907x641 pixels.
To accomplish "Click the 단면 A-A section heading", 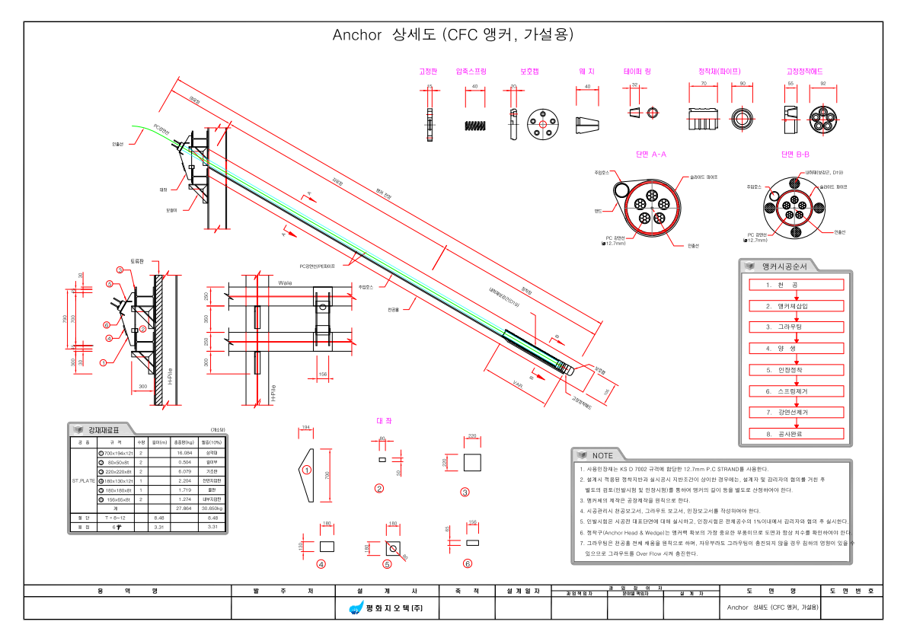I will [x=650, y=154].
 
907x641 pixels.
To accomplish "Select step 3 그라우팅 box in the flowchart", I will [x=794, y=327].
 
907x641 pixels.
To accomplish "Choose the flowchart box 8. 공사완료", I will [x=794, y=433].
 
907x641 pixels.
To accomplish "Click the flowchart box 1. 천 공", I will [x=794, y=285].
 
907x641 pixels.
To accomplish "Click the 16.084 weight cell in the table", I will [x=184, y=453].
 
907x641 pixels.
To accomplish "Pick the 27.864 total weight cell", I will [x=184, y=508].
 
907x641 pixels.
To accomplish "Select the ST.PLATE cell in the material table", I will [x=84, y=481].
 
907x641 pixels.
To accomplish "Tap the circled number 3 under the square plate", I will [x=465, y=491].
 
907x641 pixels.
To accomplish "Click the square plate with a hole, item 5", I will [x=393, y=547].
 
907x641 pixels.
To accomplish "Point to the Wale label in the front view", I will [x=285, y=282].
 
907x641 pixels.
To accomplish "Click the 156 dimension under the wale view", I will [x=322, y=374].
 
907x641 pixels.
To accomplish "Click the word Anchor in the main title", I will [x=356, y=35].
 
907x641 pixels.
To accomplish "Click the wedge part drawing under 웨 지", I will [x=587, y=125].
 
